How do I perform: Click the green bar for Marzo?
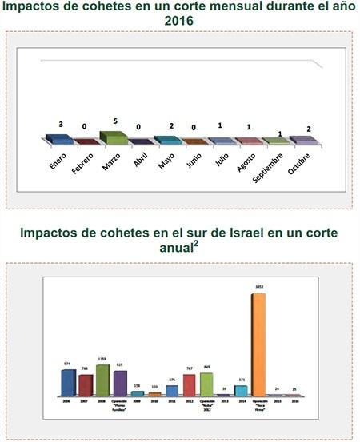point(114,137)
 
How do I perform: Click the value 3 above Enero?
point(60,125)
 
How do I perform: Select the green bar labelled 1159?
point(102,380)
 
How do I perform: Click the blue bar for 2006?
point(68,383)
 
